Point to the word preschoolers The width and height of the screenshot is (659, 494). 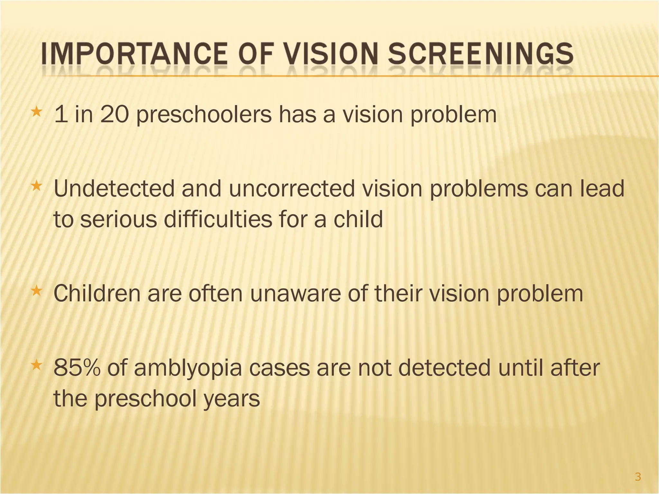click(204, 115)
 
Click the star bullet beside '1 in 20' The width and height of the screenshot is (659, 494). click(36, 112)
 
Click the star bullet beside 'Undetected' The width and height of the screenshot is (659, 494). click(36, 186)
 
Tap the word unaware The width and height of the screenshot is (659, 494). click(295, 294)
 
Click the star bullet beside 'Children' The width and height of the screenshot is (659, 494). click(36, 291)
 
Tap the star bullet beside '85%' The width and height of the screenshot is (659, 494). click(36, 365)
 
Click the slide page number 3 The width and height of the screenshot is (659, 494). click(638, 477)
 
